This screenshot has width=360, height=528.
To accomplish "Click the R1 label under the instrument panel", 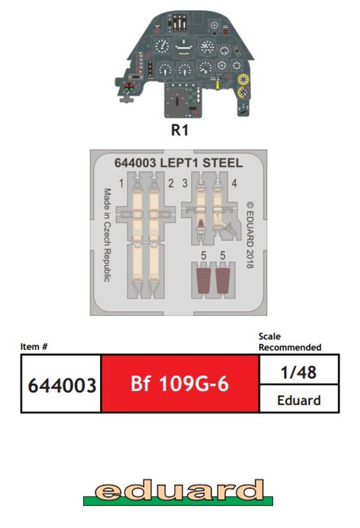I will coord(179,131).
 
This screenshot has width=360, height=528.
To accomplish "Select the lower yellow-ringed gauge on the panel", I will coord(243,93).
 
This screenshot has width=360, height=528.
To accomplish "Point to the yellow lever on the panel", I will coord(218,84).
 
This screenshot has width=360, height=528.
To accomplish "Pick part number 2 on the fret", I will coord(171,183).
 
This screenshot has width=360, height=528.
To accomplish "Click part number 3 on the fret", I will coord(184,183).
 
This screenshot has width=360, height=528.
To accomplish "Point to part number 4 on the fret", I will coord(234,183).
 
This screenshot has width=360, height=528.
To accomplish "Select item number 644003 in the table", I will coord(62,385).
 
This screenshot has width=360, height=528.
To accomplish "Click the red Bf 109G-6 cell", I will coord(180,384).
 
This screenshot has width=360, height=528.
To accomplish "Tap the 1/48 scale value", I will coord(299,372).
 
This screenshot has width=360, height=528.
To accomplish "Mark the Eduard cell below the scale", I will coord(299,400).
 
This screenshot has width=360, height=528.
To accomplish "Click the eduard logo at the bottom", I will coord(178,491).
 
